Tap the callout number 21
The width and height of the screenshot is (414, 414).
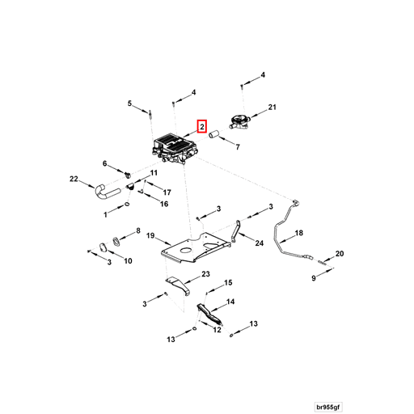[x=272, y=107]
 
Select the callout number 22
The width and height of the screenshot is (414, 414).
[x=74, y=179]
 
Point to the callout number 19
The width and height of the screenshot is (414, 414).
[x=150, y=235]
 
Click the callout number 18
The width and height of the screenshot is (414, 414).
[x=298, y=233]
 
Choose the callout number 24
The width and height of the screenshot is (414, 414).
[x=260, y=242]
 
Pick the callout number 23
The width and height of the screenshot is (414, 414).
[x=205, y=275]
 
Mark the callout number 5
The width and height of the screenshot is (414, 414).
[x=129, y=103]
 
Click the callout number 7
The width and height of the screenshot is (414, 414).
[x=237, y=148]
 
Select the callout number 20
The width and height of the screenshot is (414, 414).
[x=340, y=254]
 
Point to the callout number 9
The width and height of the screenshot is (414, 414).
[x=315, y=278]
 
